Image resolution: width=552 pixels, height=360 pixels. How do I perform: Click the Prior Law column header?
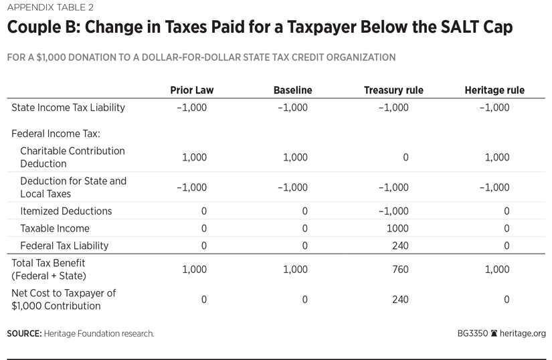click(x=191, y=90)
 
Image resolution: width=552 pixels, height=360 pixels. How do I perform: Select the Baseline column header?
click(x=292, y=90)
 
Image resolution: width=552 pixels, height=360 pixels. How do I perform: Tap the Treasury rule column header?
click(x=393, y=90)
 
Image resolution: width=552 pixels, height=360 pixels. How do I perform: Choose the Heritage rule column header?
click(x=494, y=90)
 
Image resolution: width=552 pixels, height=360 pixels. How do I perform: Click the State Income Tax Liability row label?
click(x=68, y=107)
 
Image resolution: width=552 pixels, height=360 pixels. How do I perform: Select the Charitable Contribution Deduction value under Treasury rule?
click(x=405, y=157)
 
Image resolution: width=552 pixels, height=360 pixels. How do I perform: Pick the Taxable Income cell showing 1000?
click(x=398, y=228)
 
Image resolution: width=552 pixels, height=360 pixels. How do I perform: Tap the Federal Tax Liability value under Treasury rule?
click(x=400, y=246)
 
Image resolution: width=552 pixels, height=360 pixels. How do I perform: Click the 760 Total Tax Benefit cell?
click(x=400, y=270)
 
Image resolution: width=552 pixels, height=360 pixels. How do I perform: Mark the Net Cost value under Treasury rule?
click(x=400, y=300)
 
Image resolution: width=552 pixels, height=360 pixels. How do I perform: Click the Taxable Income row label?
click(x=55, y=228)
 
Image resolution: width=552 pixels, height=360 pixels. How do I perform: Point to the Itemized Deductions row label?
click(x=66, y=211)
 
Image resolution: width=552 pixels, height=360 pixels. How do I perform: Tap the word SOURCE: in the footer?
click(x=24, y=333)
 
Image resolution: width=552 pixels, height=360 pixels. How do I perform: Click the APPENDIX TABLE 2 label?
click(x=50, y=8)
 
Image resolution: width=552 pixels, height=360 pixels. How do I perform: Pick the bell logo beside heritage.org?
click(x=494, y=333)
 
